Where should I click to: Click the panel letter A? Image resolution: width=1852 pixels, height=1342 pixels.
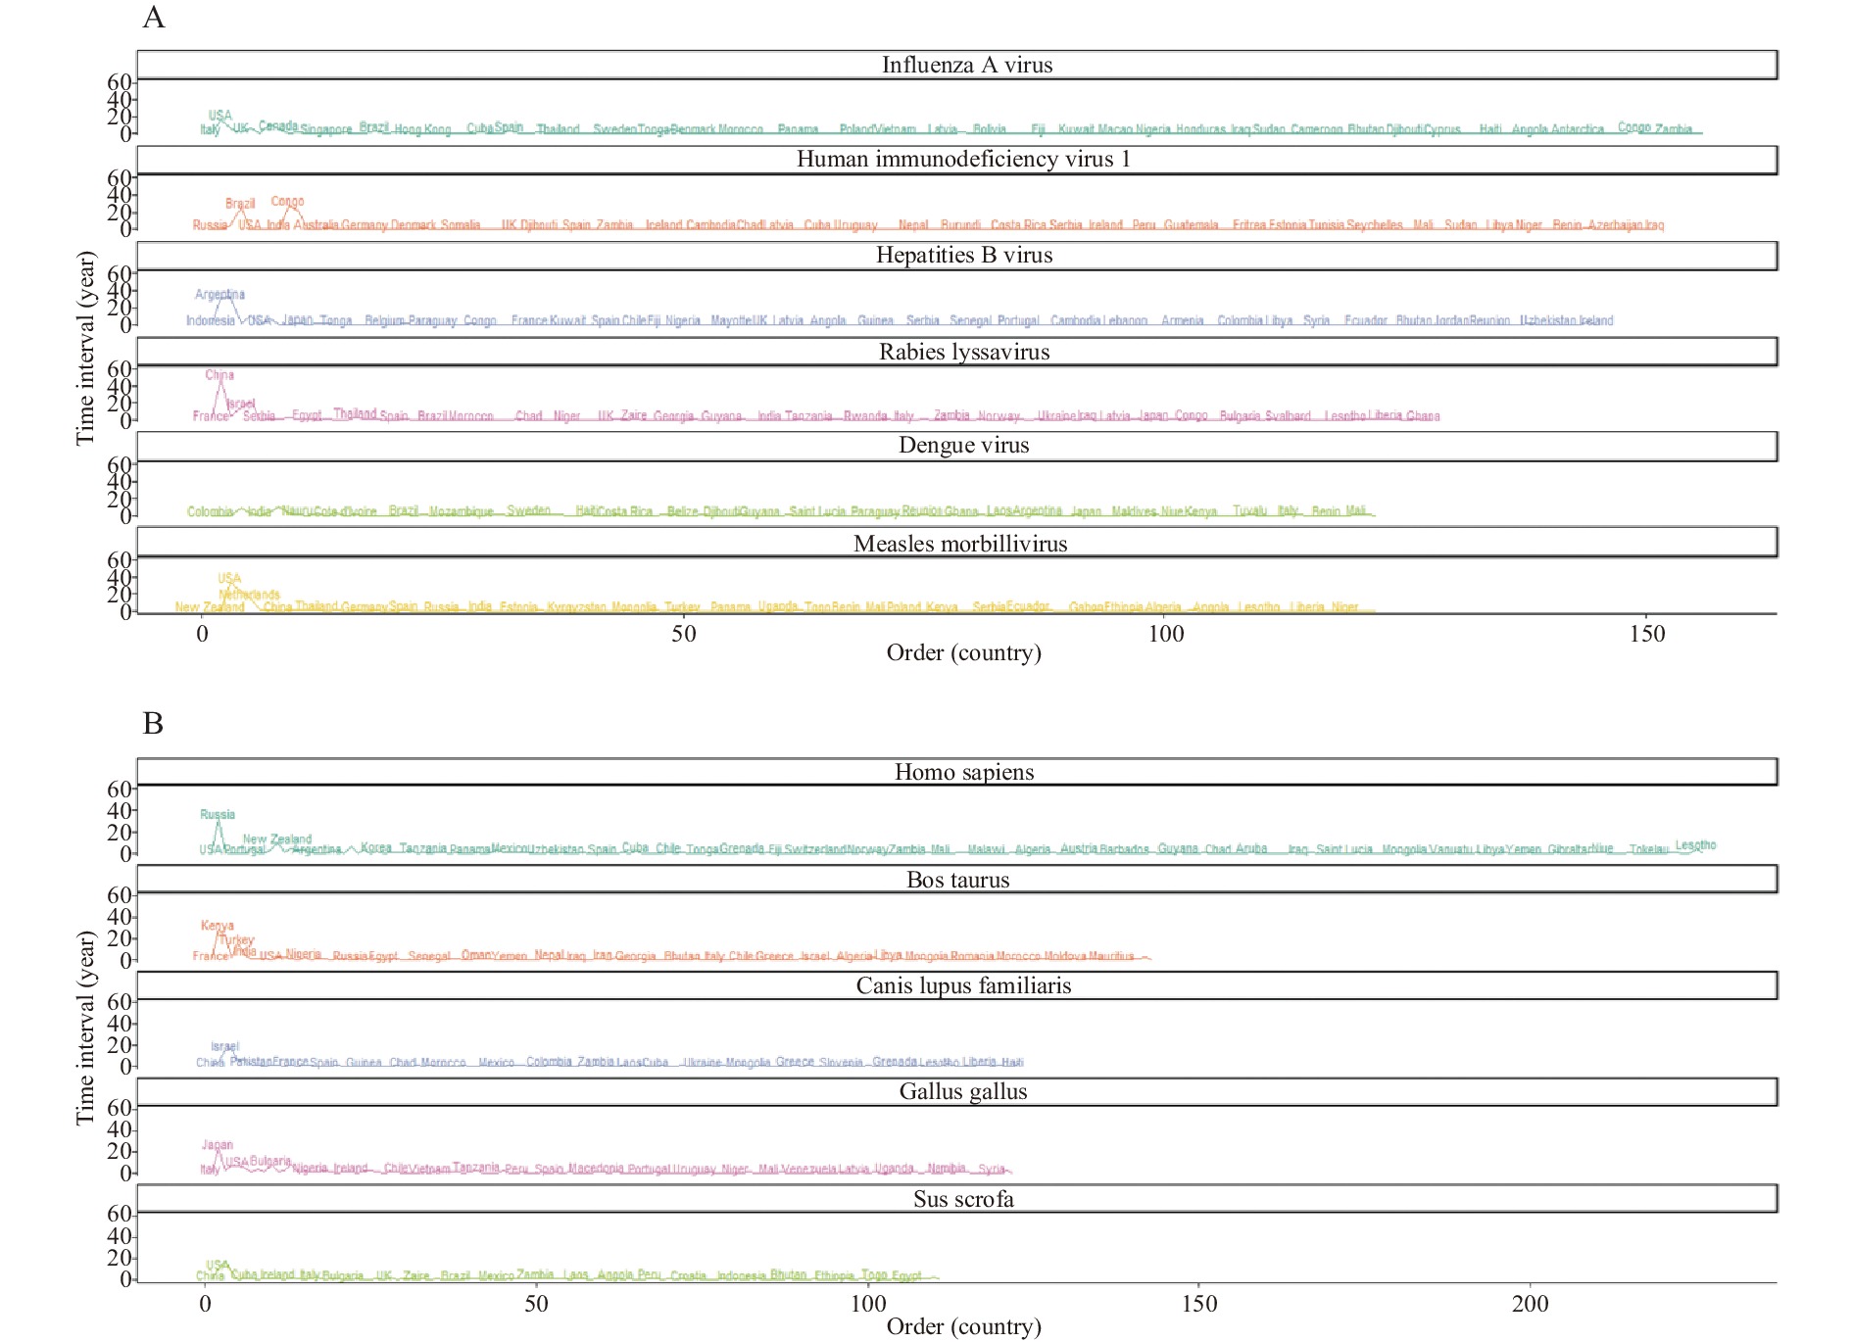pyautogui.click(x=154, y=18)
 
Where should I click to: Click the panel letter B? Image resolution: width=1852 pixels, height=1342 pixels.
pyautogui.click(x=153, y=723)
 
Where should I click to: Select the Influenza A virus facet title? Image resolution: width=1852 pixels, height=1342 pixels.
pyautogui.click(x=966, y=65)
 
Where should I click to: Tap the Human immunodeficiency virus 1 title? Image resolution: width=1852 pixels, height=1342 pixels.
pyautogui.click(x=963, y=159)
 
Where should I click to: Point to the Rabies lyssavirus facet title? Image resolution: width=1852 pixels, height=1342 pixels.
pyautogui.click(x=964, y=352)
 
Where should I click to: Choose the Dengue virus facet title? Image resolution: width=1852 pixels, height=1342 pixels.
pyautogui.click(x=963, y=445)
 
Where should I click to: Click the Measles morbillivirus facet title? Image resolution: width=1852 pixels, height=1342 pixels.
pyautogui.click(x=960, y=544)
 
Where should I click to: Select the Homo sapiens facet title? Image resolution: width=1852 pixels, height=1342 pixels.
pyautogui.click(x=963, y=772)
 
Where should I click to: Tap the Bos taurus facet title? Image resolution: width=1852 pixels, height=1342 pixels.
pyautogui.click(x=957, y=880)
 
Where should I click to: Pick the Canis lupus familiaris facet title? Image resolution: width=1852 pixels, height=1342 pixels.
pyautogui.click(x=963, y=985)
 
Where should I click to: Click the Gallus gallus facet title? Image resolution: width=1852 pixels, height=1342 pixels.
pyautogui.click(x=963, y=1091)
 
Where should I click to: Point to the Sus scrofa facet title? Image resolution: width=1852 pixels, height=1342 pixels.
pyautogui.click(x=963, y=1199)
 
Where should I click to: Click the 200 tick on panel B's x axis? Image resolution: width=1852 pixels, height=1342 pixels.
pyautogui.click(x=1530, y=1304)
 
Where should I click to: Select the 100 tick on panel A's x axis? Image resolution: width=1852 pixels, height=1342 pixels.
pyautogui.click(x=1165, y=634)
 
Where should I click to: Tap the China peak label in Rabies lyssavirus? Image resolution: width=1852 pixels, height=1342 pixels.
pyautogui.click(x=219, y=375)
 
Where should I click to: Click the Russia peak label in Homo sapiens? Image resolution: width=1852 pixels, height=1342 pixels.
pyautogui.click(x=218, y=814)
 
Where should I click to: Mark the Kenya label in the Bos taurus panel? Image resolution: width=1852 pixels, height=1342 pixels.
pyautogui.click(x=218, y=926)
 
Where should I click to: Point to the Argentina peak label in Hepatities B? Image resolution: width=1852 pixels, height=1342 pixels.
pyautogui.click(x=219, y=294)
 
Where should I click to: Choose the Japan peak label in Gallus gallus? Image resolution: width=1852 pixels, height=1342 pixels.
pyautogui.click(x=218, y=1144)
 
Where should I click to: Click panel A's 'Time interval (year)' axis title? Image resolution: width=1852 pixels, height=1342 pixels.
pyautogui.click(x=85, y=349)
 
